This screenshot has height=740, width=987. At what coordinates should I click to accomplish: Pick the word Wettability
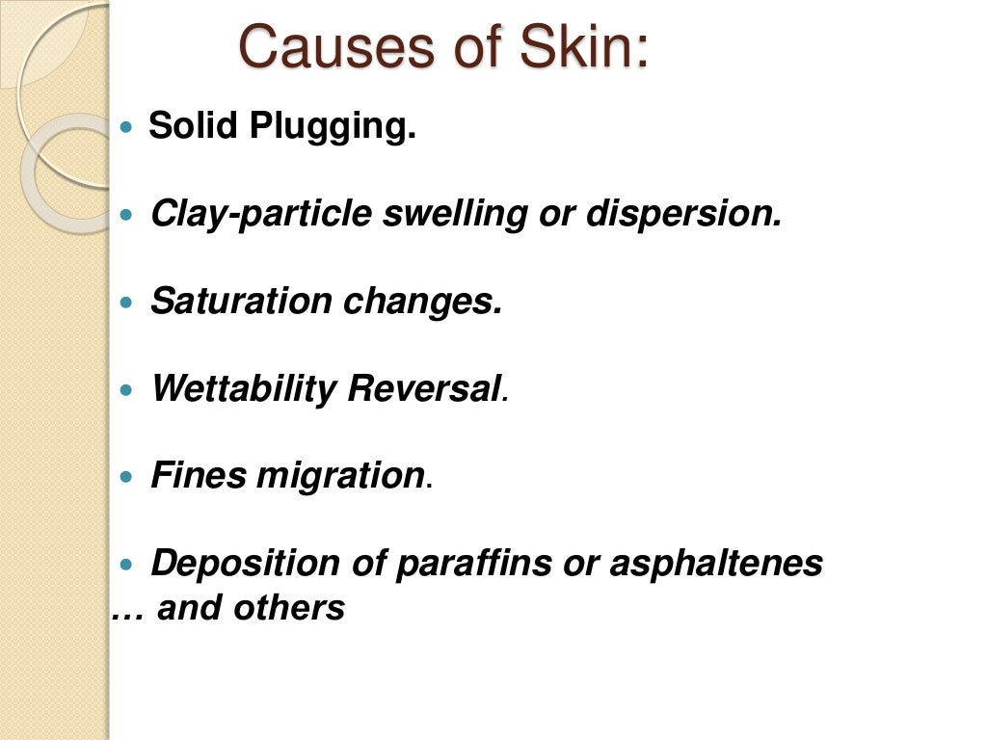(x=244, y=389)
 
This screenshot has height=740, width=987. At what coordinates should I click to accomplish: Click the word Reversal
(x=425, y=388)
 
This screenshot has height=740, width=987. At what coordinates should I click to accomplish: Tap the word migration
(x=341, y=476)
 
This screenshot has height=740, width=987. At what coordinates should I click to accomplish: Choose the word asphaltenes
(x=716, y=563)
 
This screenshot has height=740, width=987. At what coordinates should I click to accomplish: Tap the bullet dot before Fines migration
(x=132, y=477)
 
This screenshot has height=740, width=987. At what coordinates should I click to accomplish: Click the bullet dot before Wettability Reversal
(x=132, y=390)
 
